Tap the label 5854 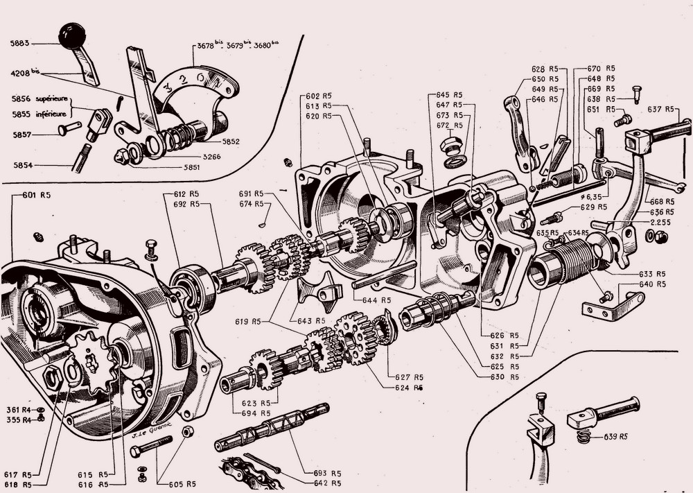click(25, 166)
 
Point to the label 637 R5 click(661, 109)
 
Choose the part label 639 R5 click(615, 437)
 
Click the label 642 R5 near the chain click(326, 483)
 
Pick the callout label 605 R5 click(182, 484)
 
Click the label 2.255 click(663, 222)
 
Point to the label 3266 click(211, 157)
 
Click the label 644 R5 click(376, 300)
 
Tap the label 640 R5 click(653, 284)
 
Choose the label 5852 click(230, 141)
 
